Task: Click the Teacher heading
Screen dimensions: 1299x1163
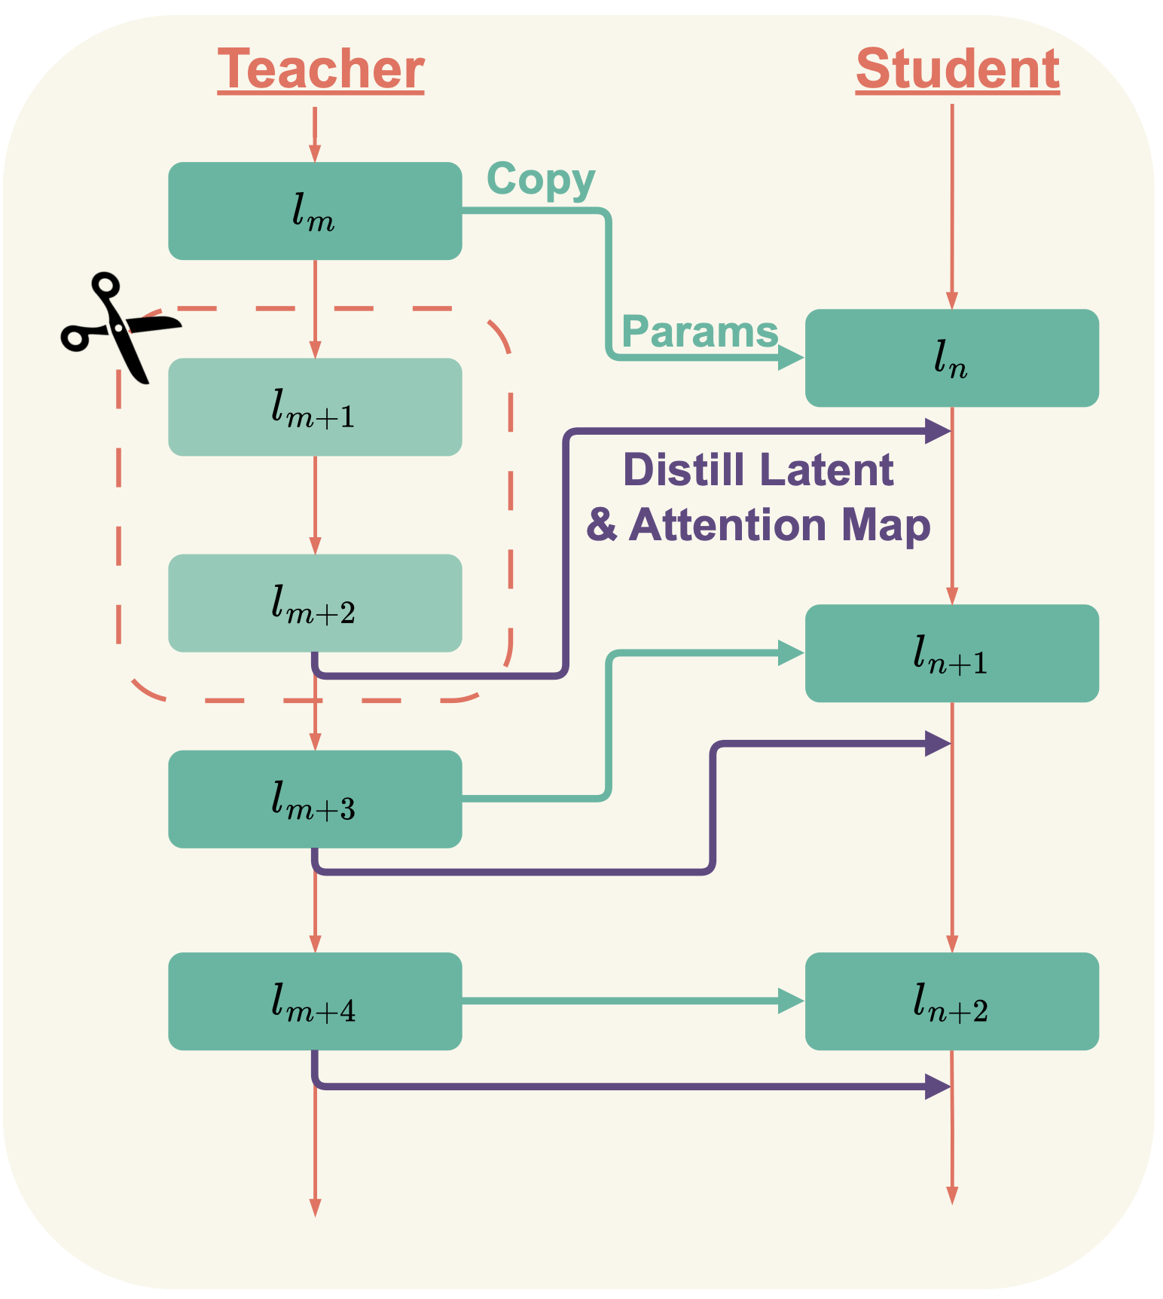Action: tap(321, 69)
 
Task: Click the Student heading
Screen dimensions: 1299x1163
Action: tap(957, 69)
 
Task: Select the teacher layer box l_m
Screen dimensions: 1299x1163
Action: tap(315, 211)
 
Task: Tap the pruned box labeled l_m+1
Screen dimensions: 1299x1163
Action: tap(315, 407)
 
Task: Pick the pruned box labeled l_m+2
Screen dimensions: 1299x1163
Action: tap(315, 603)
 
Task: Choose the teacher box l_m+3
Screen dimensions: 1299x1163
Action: tap(315, 799)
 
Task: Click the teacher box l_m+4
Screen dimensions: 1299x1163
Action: tap(315, 1001)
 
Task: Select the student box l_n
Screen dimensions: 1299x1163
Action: tap(951, 358)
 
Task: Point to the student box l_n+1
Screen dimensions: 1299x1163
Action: tap(951, 653)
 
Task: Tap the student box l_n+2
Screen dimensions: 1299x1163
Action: tap(951, 1001)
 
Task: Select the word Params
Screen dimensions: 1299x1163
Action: tap(700, 332)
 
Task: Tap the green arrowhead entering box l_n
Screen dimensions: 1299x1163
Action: tap(791, 358)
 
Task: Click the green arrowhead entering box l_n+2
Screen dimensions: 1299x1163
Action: tap(791, 1001)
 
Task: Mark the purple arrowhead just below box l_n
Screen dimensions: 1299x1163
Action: tap(937, 431)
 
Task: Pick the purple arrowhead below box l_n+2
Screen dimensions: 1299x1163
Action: tap(937, 1087)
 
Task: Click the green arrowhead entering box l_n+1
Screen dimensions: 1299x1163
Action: tap(791, 653)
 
